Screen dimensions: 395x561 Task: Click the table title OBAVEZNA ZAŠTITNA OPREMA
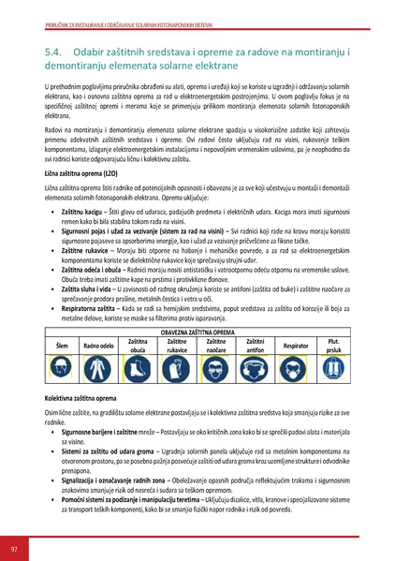point(197,359)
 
